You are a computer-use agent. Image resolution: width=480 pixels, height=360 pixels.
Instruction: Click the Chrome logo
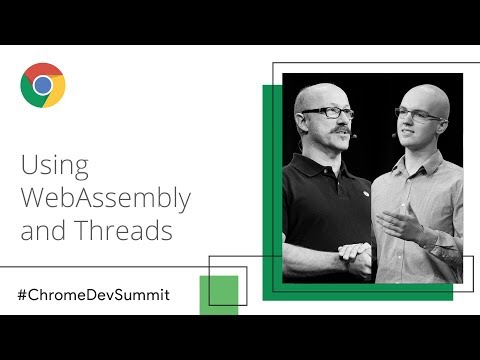[43, 85]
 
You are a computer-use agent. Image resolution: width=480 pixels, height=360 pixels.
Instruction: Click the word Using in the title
[55, 165]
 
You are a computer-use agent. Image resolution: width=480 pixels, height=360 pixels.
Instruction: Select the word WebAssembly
[105, 198]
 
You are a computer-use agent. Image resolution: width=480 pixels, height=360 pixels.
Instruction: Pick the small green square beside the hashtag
[218, 292]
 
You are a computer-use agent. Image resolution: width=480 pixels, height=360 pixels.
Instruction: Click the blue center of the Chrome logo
[43, 85]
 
